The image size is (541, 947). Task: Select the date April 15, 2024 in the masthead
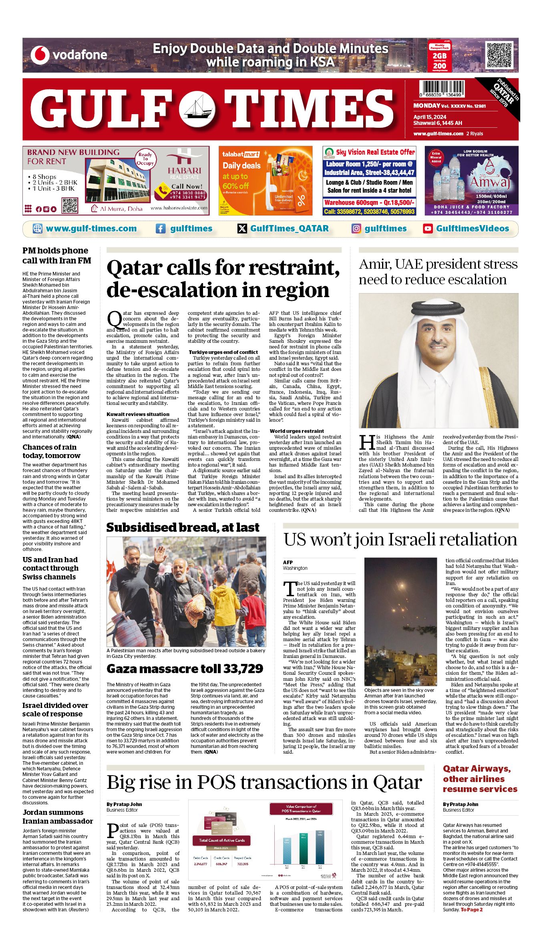[x=430, y=117]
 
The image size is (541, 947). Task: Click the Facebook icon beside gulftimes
[x=160, y=229]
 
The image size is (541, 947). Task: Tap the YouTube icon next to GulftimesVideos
[x=428, y=229]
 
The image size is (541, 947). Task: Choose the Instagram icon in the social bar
[x=356, y=229]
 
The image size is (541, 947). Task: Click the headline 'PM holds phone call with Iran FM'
[x=56, y=255]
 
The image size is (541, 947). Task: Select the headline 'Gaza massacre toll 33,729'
[x=185, y=669]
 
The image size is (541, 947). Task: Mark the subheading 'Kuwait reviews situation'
[x=138, y=414]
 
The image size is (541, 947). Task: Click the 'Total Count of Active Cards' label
[x=221, y=840]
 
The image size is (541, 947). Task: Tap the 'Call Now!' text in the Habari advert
[x=187, y=186]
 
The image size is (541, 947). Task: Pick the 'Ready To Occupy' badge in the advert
[x=145, y=159]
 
